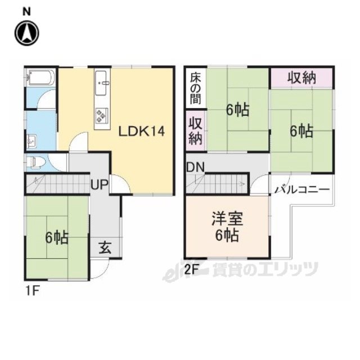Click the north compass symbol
[27, 33]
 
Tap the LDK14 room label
[141, 132]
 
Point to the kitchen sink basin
[101, 83]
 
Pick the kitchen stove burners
[101, 115]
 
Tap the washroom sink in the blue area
[31, 141]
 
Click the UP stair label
[99, 184]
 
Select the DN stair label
[195, 168]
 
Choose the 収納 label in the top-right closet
[301, 78]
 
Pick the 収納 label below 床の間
[195, 130]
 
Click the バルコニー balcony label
[303, 190]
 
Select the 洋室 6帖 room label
[227, 227]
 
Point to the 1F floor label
[32, 291]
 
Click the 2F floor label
[191, 270]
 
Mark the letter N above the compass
[26, 12]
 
